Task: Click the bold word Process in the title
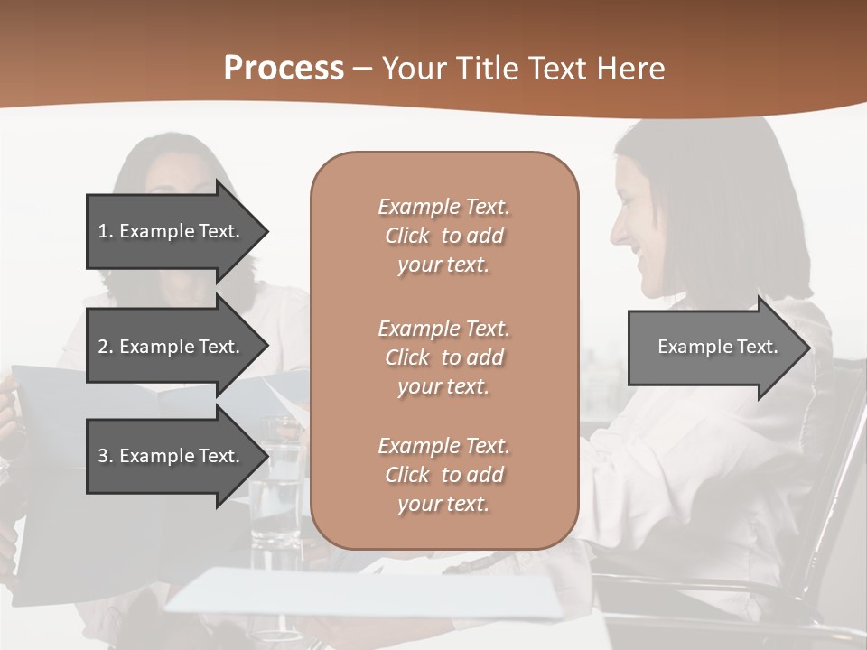coord(284,69)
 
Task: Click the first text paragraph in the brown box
coord(444,236)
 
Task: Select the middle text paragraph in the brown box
coord(444,357)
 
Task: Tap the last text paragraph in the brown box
coord(444,475)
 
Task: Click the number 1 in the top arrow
coord(103,231)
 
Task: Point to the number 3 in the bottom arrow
coord(103,456)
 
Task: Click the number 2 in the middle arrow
coord(103,347)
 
